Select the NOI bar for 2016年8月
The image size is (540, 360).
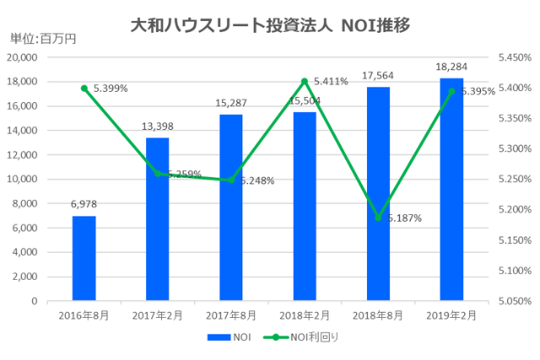[x=84, y=258]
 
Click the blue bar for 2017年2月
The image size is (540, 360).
[x=157, y=219]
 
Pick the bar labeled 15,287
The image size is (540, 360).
[x=231, y=207]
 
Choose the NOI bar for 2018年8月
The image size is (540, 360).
[x=378, y=194]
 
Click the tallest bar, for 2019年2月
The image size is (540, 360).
[x=451, y=190]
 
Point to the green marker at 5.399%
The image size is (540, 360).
[x=84, y=88]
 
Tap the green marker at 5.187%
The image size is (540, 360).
[x=378, y=218]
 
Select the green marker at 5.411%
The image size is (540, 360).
[x=305, y=81]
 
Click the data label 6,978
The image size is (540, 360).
[x=84, y=203]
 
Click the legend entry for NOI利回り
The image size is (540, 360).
[x=304, y=336]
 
